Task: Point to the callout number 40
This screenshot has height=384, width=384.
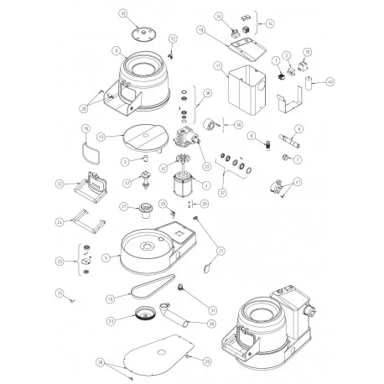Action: [x=330, y=82]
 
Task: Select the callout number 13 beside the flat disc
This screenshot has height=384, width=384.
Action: [x=101, y=135]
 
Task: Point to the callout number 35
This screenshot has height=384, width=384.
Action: [x=60, y=292]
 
